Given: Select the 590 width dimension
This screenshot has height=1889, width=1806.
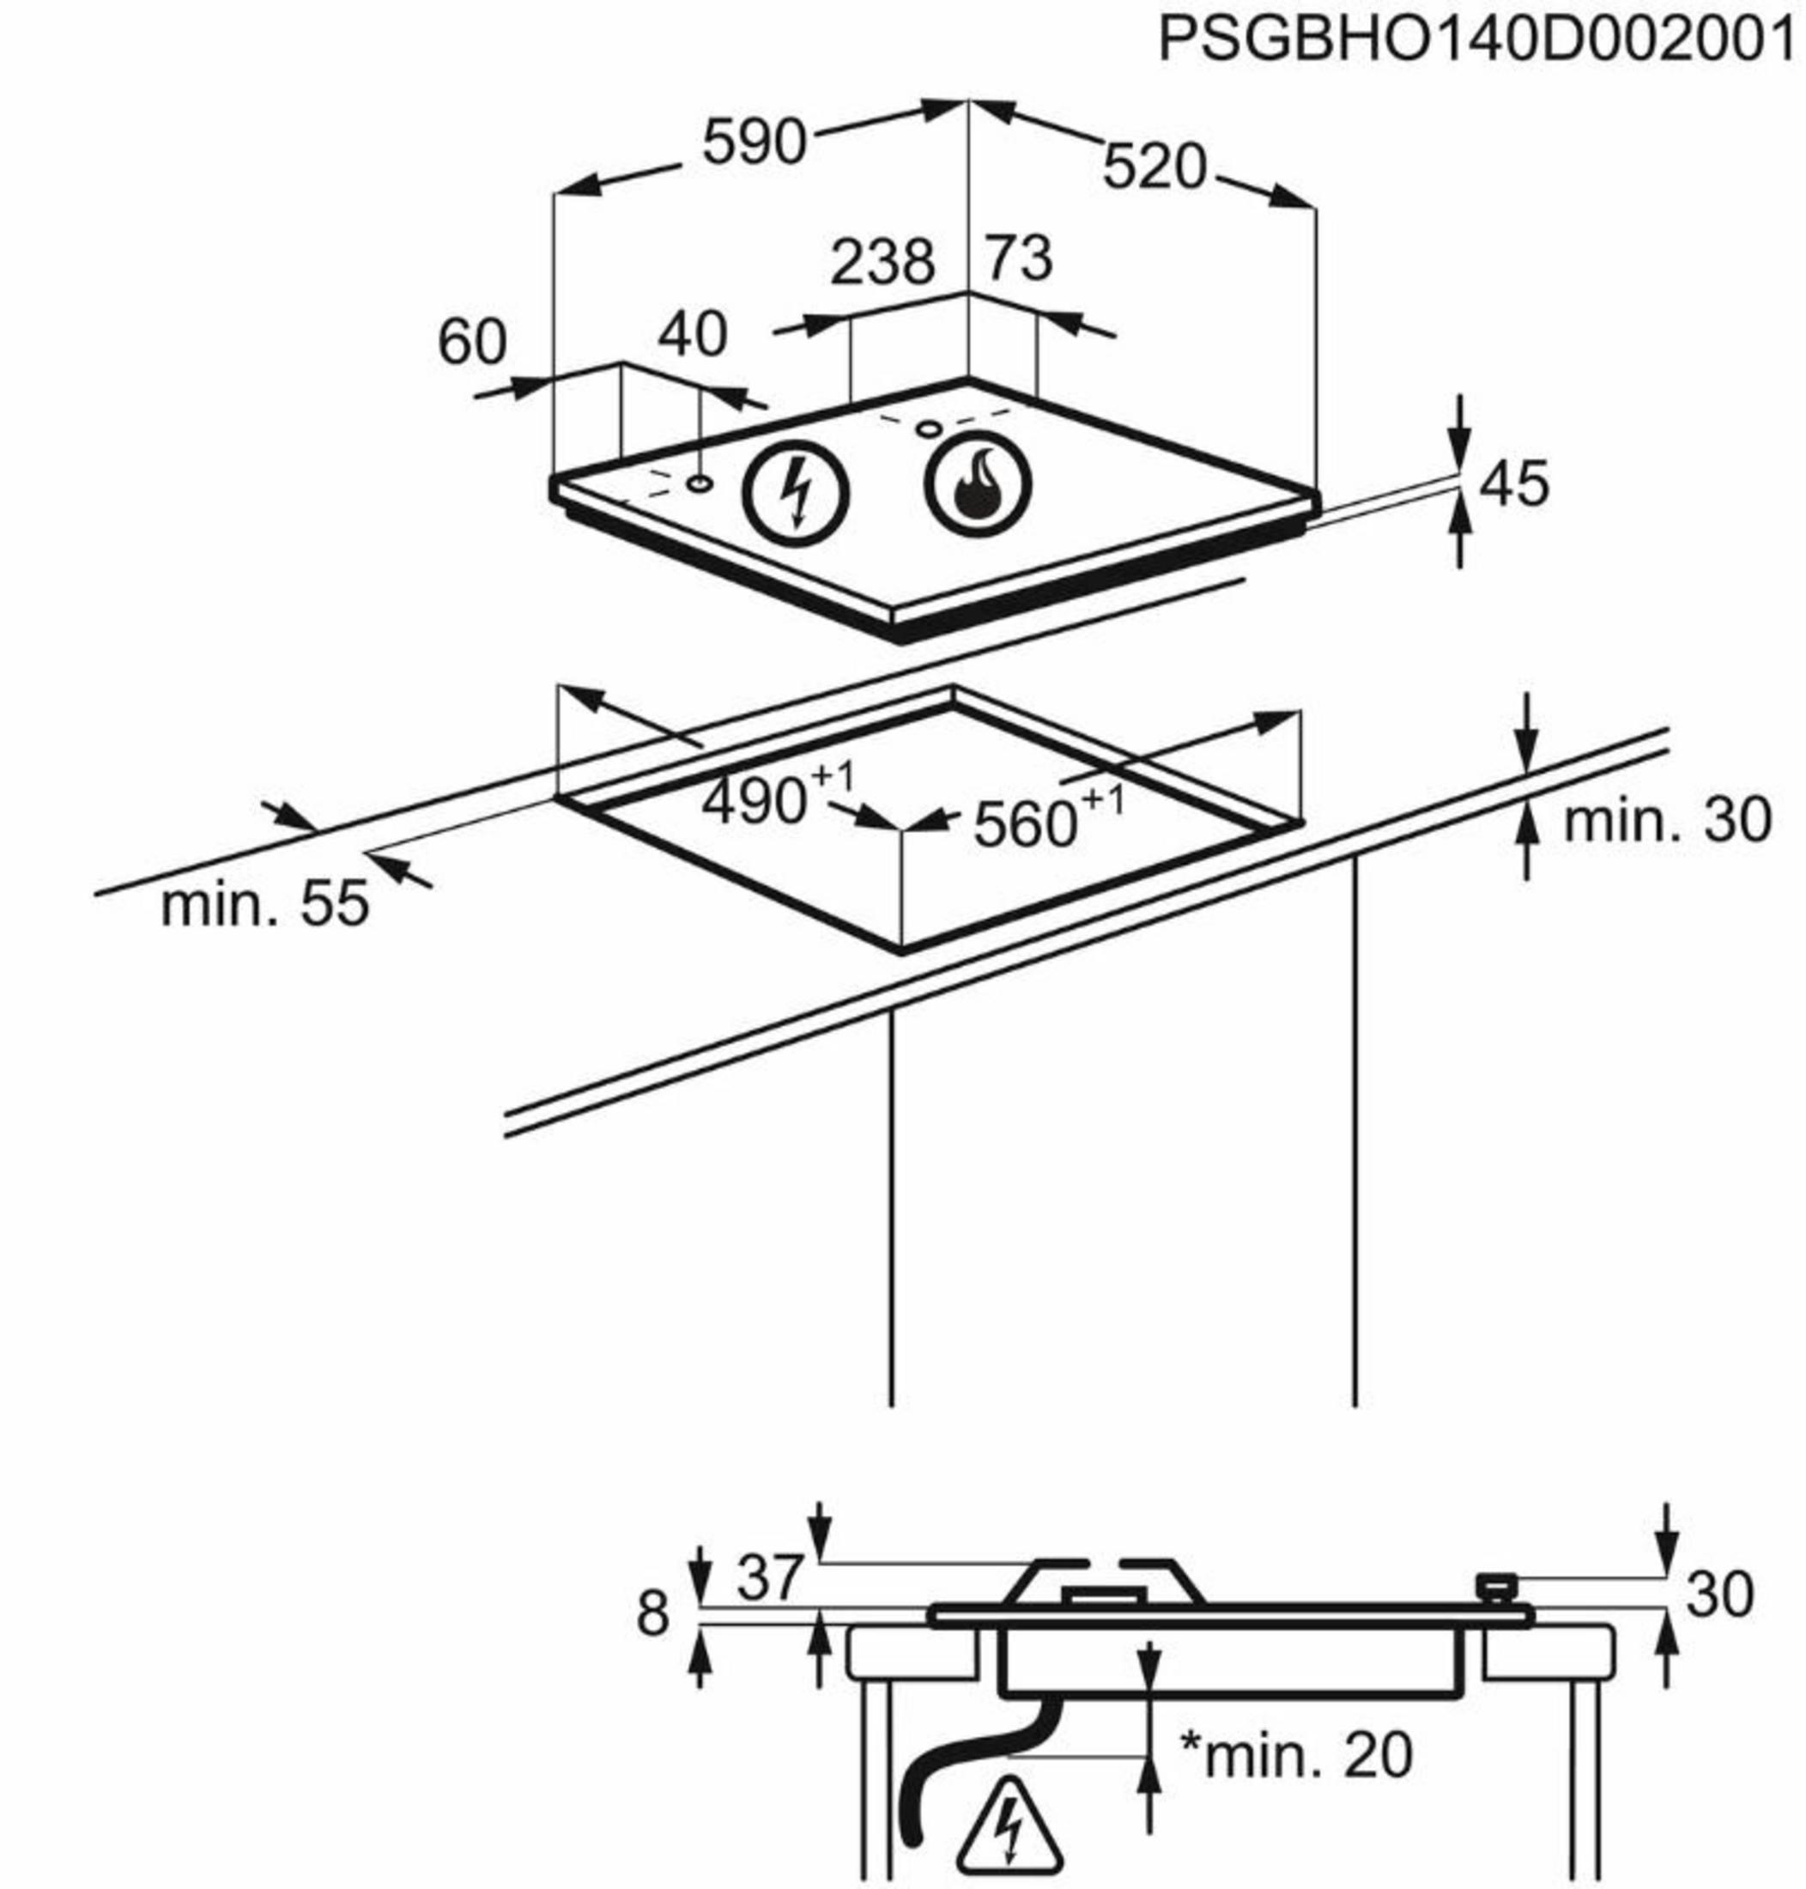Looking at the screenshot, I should (x=753, y=142).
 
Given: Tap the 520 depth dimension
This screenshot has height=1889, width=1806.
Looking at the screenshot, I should (x=1154, y=167).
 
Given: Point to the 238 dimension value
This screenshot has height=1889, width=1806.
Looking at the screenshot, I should (x=882, y=261).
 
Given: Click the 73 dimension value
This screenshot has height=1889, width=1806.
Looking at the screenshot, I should (x=1020, y=258).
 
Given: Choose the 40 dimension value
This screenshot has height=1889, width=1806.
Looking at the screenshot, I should (x=692, y=334).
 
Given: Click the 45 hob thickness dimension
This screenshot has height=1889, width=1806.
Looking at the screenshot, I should (x=1514, y=484).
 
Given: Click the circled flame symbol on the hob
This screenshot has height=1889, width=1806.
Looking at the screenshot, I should (x=977, y=484).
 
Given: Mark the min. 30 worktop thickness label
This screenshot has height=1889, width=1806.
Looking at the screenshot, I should (x=1666, y=820).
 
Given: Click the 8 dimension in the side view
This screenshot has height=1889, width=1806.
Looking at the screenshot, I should (x=651, y=1614).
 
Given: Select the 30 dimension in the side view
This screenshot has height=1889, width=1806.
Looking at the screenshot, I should (x=1719, y=1595).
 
